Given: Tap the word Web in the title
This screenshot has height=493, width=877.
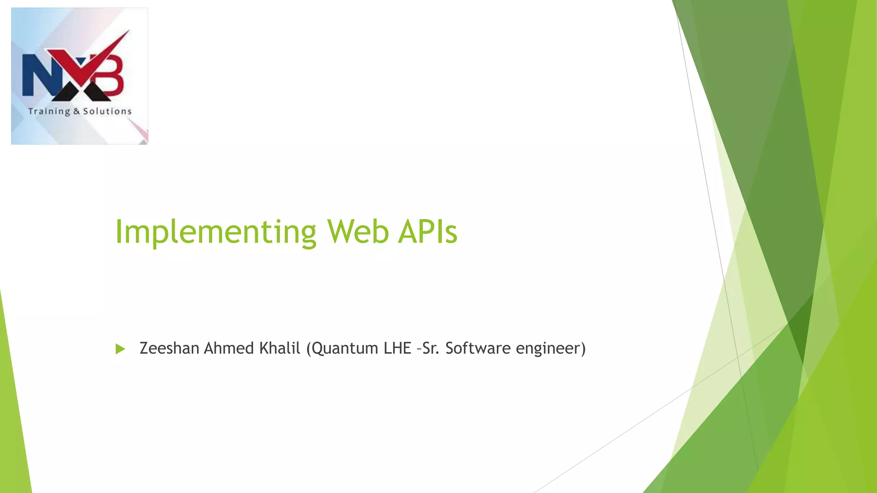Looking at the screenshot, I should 358,232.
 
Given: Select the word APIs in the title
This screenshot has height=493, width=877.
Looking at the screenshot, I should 427,232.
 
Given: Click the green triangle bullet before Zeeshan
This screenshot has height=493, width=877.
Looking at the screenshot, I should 120,349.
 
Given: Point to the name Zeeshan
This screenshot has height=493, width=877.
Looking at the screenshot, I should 170,348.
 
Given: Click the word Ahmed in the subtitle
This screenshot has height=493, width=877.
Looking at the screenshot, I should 229,348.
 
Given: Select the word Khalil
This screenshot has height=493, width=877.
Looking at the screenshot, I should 280,348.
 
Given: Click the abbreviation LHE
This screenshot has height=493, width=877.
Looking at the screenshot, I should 397,348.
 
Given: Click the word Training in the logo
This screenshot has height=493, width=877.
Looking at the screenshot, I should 49,112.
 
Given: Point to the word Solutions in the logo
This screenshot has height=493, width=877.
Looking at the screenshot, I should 107,111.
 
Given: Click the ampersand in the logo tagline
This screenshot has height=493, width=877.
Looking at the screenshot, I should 77,112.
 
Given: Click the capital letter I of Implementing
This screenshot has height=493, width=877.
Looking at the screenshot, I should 119,232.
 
